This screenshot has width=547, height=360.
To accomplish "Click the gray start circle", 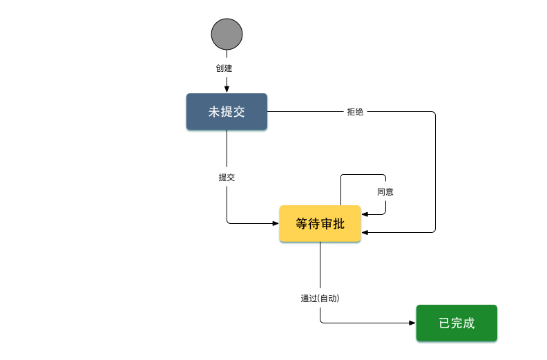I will click(x=227, y=35).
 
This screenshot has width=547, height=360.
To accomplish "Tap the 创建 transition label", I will click(x=224, y=68).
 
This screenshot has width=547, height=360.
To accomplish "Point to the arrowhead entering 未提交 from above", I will click(x=227, y=89).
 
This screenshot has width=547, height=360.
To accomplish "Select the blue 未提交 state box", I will click(x=227, y=111).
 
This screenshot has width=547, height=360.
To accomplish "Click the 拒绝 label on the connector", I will click(x=355, y=112).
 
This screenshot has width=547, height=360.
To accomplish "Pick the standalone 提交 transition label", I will click(x=227, y=177).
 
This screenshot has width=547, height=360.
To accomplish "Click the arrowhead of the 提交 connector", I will click(x=275, y=223).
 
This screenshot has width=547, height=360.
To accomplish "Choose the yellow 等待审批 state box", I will click(x=320, y=224).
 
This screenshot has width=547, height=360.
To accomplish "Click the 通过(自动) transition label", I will click(x=320, y=299).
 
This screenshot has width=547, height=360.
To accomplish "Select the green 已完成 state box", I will click(x=457, y=323).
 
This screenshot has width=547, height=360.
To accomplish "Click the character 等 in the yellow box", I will click(x=303, y=224).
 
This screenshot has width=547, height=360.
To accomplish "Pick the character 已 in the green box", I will click(x=445, y=323).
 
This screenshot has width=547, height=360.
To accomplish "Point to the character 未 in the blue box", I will click(x=215, y=111).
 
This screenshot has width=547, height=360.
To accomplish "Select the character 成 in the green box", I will click(x=469, y=323).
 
